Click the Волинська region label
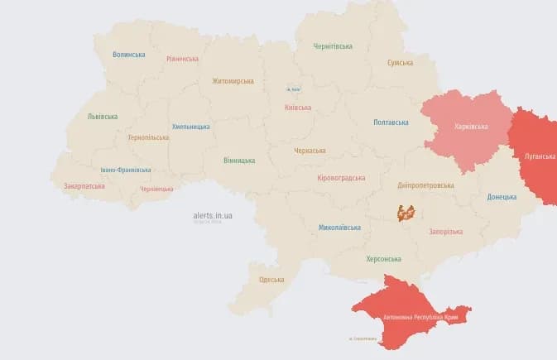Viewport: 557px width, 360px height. (129, 55)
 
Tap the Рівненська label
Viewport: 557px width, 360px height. (182, 59)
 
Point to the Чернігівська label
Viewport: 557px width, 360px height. (333, 46)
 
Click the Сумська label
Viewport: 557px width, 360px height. (401, 63)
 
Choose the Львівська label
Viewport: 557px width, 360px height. (103, 117)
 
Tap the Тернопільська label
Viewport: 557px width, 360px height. (148, 137)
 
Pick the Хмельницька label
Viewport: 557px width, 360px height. (190, 127)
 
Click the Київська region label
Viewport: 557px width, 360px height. (297, 108)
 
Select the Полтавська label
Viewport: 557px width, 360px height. (391, 122)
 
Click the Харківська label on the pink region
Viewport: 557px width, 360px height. (471, 127)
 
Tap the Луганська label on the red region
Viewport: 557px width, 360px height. (540, 155)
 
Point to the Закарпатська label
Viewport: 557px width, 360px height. (84, 186)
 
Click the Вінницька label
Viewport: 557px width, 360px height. (239, 161)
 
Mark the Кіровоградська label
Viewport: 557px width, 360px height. (341, 178)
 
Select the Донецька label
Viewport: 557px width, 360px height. (502, 197)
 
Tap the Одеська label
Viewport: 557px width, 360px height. (271, 280)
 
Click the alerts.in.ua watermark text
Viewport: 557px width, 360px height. (213, 215)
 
